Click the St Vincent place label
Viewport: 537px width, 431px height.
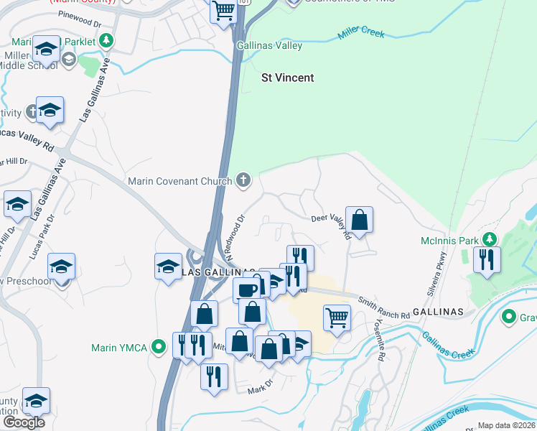pos(287,78)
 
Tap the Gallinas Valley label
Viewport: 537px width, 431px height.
pos(271,46)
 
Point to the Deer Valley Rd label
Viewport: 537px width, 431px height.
pos(331,224)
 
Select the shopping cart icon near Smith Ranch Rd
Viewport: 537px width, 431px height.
pos(337,316)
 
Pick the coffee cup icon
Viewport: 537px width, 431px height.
pos(247,289)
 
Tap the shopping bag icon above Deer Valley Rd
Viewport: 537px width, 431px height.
pos(359,219)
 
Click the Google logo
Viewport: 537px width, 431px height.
pos(24,422)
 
